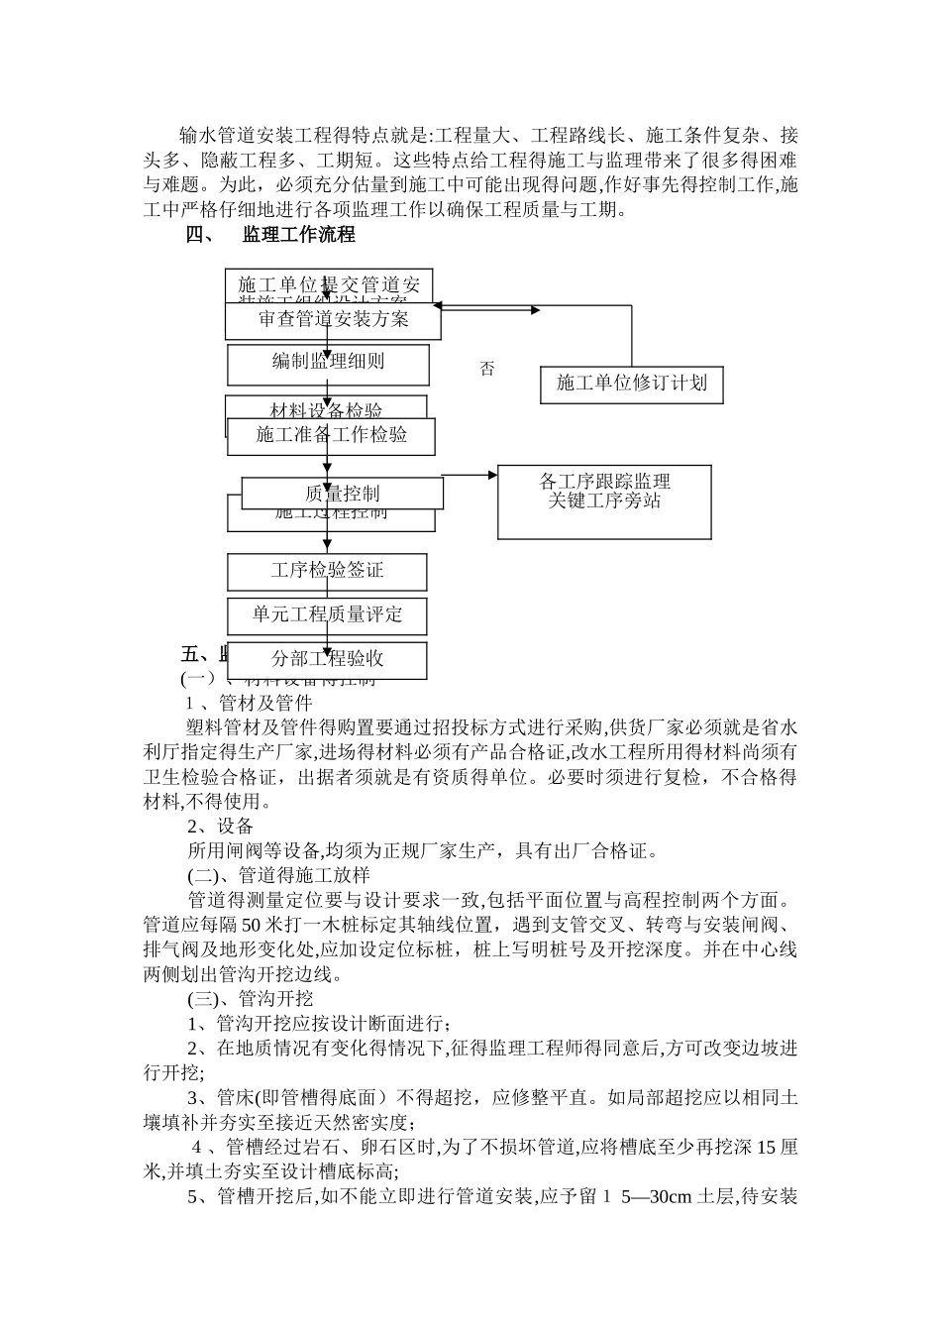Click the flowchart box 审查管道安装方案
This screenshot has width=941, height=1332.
333,320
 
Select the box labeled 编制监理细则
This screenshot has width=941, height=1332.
328,364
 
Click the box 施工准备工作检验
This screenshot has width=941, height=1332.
331,436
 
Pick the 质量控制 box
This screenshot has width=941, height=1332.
342,494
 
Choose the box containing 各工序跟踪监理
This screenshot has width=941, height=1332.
604,501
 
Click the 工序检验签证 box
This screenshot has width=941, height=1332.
327,572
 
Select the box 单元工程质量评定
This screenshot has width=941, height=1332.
327,615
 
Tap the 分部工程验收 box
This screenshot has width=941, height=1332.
327,660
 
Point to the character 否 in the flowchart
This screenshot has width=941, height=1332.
486,370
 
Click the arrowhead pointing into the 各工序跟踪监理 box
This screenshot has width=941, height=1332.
492,475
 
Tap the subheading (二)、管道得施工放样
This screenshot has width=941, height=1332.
278,875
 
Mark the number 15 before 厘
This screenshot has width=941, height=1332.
767,1148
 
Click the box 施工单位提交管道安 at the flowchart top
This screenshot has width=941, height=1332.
329,284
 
